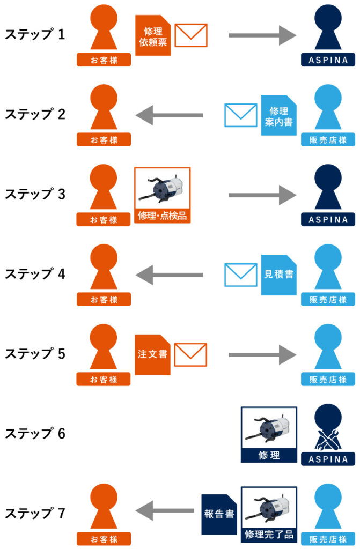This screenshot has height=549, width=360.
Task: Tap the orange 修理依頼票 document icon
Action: pyautogui.click(x=153, y=35)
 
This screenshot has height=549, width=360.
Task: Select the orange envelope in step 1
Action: pyautogui.click(x=191, y=35)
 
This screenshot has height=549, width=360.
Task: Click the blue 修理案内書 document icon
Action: pyautogui.click(x=278, y=115)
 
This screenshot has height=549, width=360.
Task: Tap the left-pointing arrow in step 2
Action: pyautogui.click(x=169, y=115)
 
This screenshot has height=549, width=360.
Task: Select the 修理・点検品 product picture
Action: pyautogui.click(x=163, y=195)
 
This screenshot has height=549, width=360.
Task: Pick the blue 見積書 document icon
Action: pyautogui.click(x=278, y=274)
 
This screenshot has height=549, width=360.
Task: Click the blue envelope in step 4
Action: pyautogui.click(x=240, y=274)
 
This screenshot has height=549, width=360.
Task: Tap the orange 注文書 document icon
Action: pyautogui.click(x=153, y=354)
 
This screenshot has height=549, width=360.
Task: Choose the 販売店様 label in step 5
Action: pyautogui.click(x=328, y=380)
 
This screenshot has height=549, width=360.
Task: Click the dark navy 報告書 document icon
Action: pyautogui.click(x=218, y=514)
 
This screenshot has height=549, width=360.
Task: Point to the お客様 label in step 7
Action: pyautogui.click(x=104, y=539)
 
